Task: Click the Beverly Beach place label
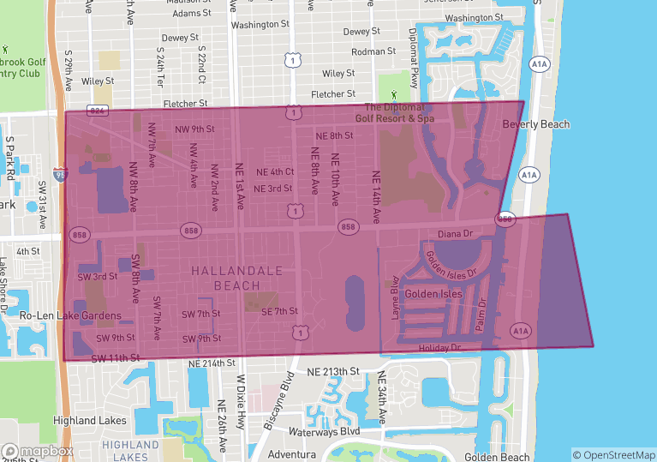click(535, 124)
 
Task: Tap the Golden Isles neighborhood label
click(433, 294)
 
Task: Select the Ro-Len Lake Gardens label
click(71, 316)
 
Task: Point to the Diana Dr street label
click(455, 233)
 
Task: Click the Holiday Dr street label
click(439, 348)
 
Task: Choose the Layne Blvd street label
click(396, 297)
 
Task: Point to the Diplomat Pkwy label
click(412, 61)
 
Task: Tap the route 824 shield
click(98, 111)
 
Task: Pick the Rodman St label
click(373, 51)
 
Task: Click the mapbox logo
click(38, 451)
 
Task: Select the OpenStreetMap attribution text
click(613, 454)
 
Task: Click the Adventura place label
click(292, 453)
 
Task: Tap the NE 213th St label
click(329, 371)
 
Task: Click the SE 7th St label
click(279, 311)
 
